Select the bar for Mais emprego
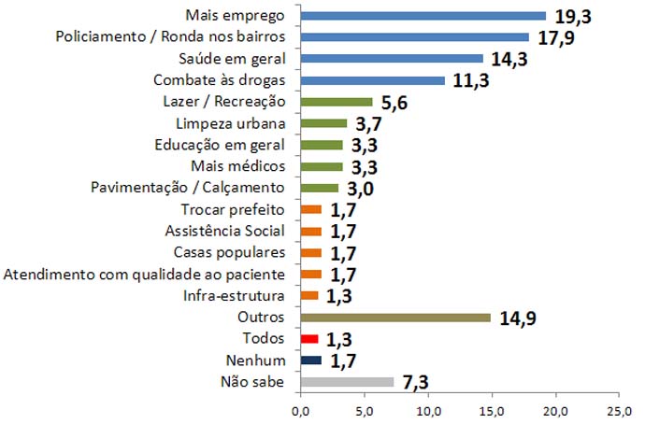[423, 16]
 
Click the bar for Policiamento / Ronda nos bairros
[415, 37]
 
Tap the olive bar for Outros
[395, 318]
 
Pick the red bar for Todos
[310, 339]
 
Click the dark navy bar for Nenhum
[311, 360]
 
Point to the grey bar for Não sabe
[348, 382]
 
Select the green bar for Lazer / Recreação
[337, 102]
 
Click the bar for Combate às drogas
[373, 80]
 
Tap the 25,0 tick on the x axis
[618, 410]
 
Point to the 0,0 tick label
[301, 410]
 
